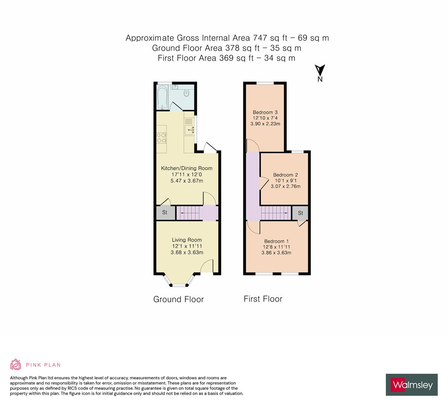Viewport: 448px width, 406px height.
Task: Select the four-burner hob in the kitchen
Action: click(x=162, y=138)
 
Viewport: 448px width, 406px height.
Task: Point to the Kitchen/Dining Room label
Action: click(x=187, y=168)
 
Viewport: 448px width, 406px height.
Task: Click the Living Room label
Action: click(x=187, y=240)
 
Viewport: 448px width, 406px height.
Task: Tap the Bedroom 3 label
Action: click(x=265, y=112)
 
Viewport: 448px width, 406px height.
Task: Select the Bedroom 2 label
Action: click(x=286, y=175)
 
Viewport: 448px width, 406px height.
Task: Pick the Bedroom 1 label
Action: click(x=276, y=241)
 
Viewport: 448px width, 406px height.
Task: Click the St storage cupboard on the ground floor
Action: click(x=165, y=213)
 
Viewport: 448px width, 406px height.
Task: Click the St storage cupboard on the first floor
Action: click(x=301, y=213)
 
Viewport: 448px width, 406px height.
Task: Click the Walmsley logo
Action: click(x=412, y=385)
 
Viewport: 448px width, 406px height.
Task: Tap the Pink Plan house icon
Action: click(x=16, y=365)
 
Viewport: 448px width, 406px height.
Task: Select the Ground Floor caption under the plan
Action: click(x=178, y=299)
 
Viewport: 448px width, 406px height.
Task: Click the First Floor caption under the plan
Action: click(x=263, y=299)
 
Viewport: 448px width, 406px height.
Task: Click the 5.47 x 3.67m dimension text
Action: click(x=187, y=181)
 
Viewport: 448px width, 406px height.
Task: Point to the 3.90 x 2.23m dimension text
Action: click(x=265, y=123)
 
